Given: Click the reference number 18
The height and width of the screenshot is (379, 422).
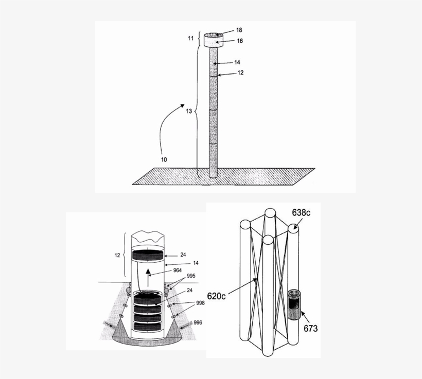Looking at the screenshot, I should [239, 30].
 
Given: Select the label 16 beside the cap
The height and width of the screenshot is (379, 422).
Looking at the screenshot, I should [239, 41].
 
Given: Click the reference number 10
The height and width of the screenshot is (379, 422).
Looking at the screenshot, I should [163, 159].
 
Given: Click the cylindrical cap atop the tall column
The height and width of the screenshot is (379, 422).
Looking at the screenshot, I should [214, 40].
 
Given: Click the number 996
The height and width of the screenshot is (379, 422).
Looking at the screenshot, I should [198, 322].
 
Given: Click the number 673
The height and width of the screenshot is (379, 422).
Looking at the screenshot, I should [310, 328].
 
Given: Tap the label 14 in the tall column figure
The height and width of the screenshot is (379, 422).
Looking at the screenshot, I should [237, 62].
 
